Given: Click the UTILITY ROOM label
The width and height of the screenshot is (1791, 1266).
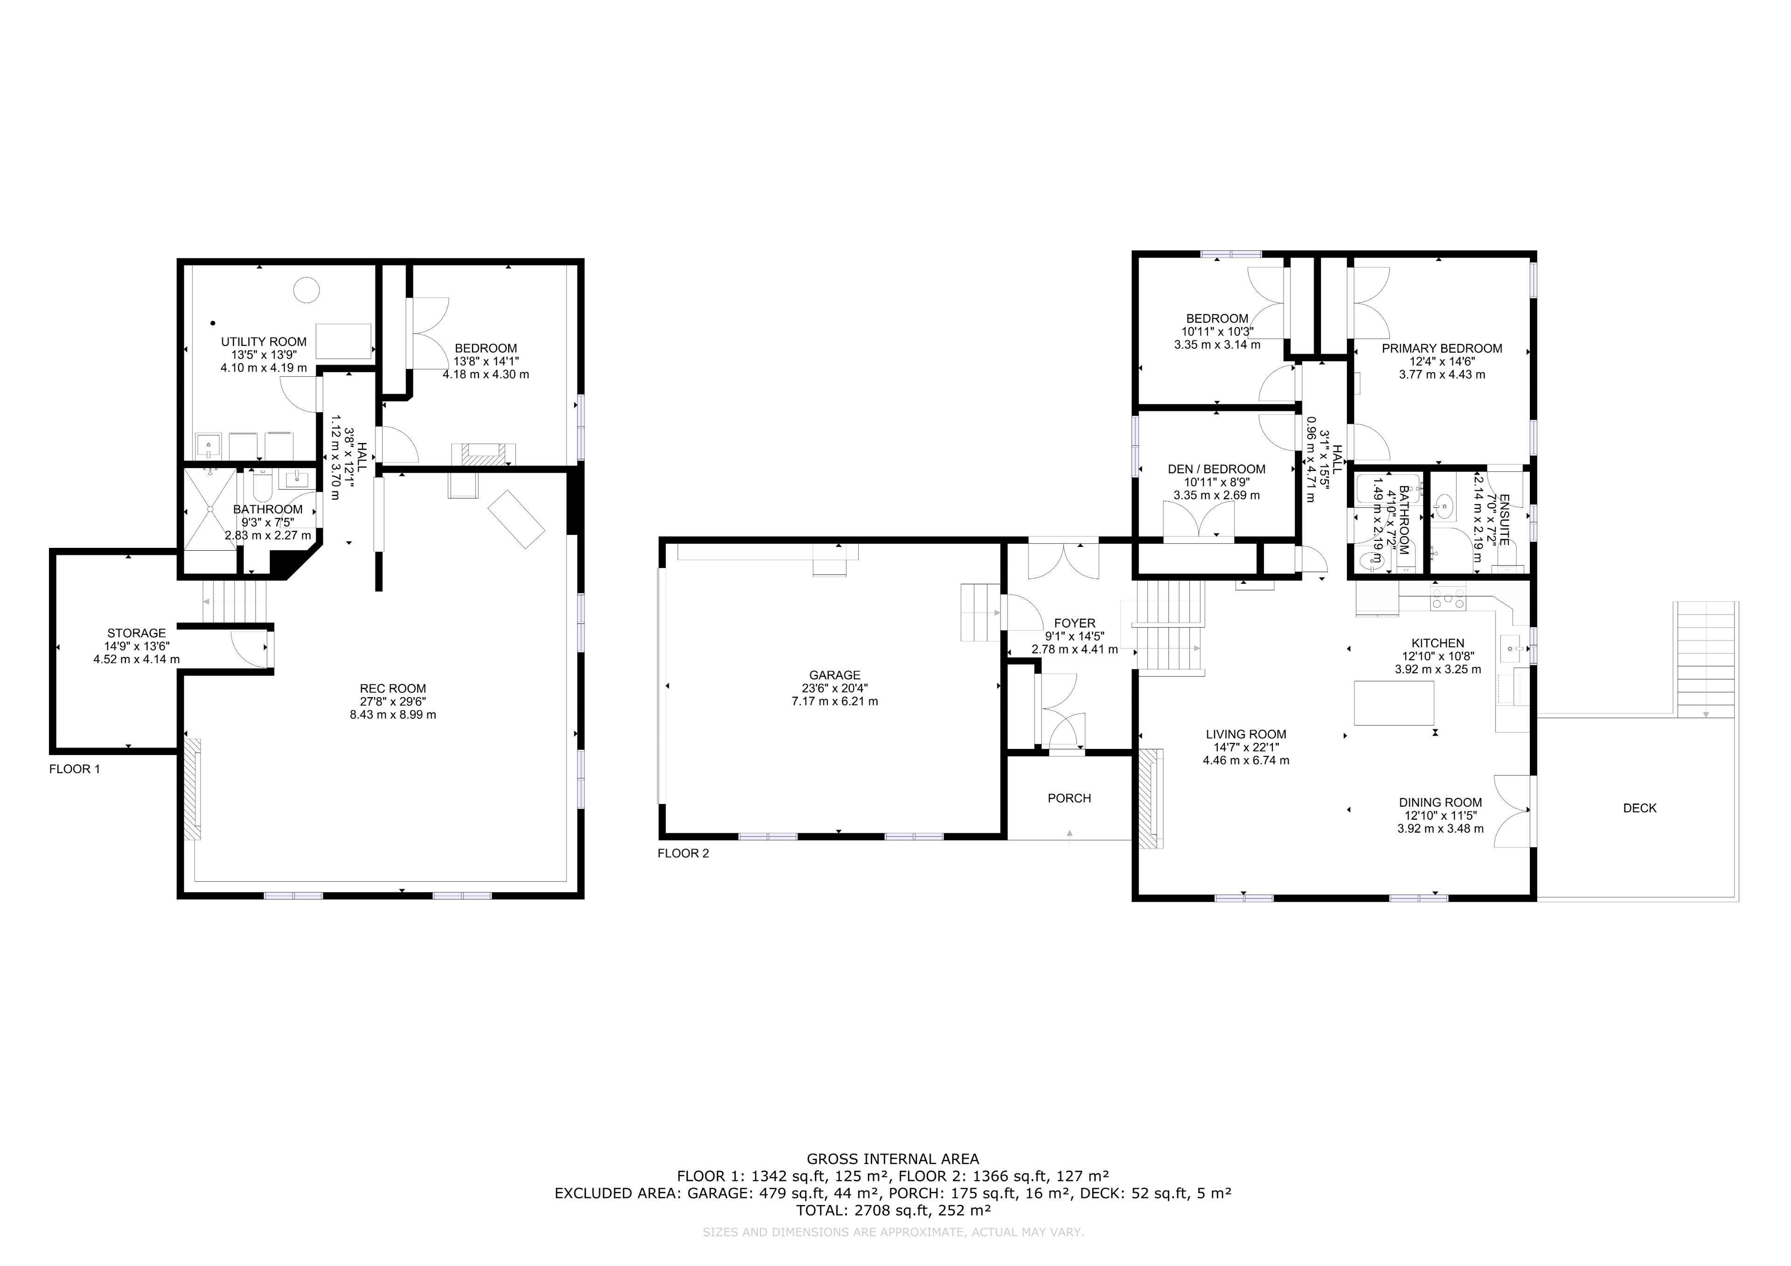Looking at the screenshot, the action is [264, 342].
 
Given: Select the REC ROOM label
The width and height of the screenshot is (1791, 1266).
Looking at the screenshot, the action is [393, 689].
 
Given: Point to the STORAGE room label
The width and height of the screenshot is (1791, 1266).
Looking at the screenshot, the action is [137, 633].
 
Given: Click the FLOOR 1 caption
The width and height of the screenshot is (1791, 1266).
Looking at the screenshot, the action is [75, 769].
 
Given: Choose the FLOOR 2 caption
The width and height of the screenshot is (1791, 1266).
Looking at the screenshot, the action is [683, 853].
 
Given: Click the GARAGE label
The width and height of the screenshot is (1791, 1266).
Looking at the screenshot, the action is [835, 676].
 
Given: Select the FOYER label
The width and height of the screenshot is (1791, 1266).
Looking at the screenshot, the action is [1075, 623].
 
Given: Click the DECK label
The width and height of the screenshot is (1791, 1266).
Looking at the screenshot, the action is [1640, 808].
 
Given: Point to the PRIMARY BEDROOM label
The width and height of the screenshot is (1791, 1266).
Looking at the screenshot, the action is [1442, 349].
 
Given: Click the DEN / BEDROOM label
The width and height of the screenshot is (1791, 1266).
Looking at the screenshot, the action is [1217, 469].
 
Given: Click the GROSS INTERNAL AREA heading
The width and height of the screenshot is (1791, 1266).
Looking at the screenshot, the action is [893, 1159].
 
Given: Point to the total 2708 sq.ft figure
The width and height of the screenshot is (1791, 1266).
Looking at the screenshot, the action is [893, 1211].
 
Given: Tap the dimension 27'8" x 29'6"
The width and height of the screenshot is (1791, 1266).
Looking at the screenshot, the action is [393, 701].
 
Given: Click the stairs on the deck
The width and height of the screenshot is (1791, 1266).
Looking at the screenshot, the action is [1707, 660].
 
